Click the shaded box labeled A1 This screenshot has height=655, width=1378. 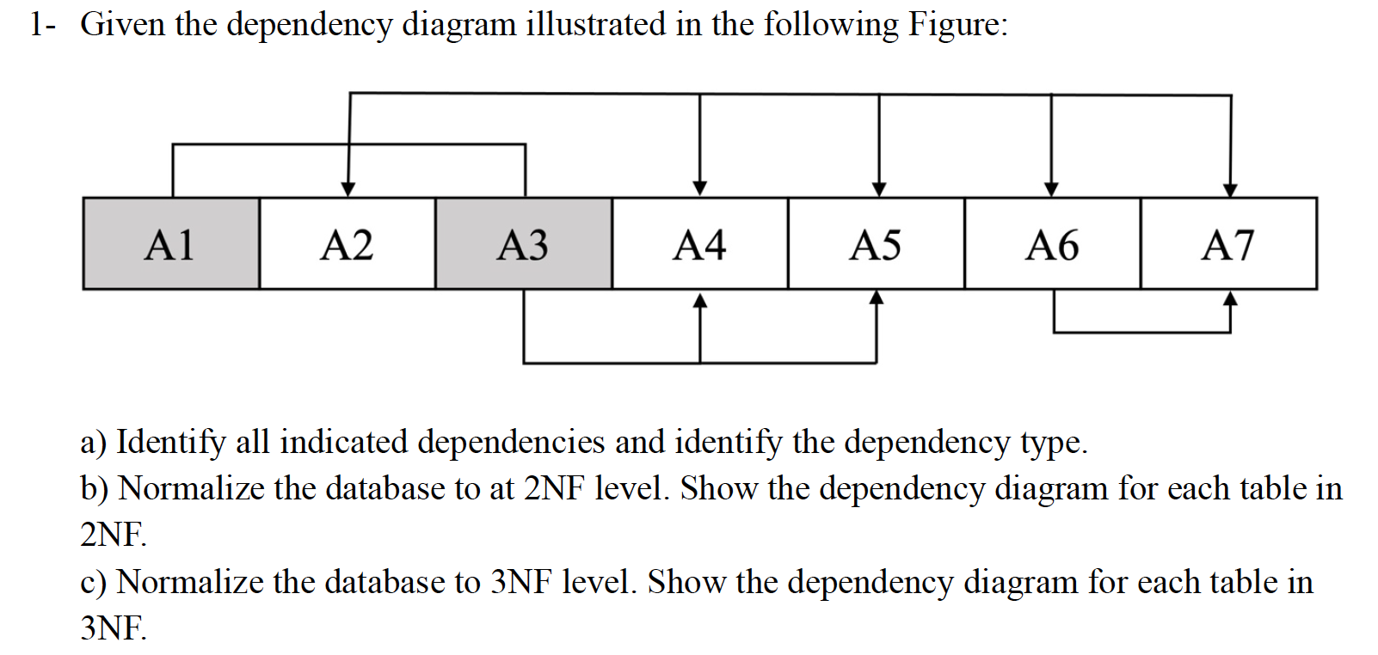[171, 244]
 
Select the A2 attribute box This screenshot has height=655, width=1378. [347, 244]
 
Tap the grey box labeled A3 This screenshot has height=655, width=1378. [523, 244]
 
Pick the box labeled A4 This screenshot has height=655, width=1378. [699, 244]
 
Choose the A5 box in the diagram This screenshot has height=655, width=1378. [876, 244]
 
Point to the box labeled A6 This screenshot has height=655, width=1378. [1052, 244]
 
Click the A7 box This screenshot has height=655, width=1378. [1228, 244]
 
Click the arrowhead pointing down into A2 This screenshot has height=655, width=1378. [348, 189]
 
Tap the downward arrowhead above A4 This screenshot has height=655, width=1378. [700, 188]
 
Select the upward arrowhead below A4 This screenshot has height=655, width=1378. [700, 300]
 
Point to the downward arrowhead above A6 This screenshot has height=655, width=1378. [1051, 189]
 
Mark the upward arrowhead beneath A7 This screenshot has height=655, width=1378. [1230, 299]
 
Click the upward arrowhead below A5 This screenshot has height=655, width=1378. [877, 298]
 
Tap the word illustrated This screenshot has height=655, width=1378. [595, 24]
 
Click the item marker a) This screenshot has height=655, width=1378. [94, 442]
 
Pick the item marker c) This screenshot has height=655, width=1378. [94, 582]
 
